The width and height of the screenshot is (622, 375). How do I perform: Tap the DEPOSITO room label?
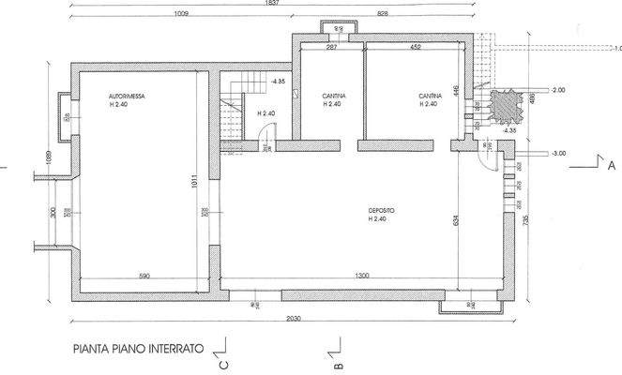[377, 212]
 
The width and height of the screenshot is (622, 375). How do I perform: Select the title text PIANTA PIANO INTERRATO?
[137, 347]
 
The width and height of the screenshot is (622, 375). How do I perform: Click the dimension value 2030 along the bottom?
[292, 319]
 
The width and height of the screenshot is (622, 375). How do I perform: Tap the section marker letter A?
[611, 165]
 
